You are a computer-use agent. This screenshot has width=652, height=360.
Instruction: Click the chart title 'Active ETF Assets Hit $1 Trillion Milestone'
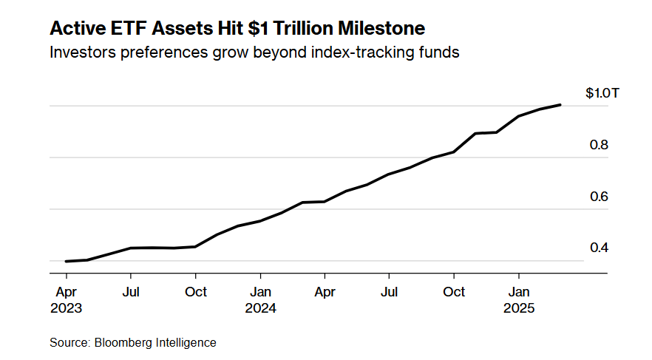point(237,29)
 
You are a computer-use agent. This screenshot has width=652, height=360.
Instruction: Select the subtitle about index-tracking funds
point(254,53)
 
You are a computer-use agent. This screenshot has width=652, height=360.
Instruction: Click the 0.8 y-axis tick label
point(599,146)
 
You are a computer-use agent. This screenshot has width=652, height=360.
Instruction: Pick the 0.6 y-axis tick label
point(599,197)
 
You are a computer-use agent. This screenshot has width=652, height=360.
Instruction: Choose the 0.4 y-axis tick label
point(599,248)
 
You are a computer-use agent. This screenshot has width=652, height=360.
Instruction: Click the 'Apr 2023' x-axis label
point(67,300)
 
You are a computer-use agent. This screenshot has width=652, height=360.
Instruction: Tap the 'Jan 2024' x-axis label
point(260,300)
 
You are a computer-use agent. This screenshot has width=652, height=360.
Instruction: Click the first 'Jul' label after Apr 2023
point(131,292)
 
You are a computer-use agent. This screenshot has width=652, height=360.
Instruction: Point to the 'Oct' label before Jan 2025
point(454,292)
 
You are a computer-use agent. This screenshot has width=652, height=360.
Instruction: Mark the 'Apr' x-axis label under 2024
point(325,292)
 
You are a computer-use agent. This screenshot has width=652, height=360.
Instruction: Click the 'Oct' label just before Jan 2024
point(196,292)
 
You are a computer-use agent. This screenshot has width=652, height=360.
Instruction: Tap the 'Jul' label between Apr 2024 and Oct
point(389,292)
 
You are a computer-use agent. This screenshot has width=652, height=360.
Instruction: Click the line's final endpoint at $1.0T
point(560,105)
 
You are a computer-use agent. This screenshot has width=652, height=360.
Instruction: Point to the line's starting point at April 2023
point(67,261)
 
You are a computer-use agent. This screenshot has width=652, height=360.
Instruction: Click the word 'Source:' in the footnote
point(69,343)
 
